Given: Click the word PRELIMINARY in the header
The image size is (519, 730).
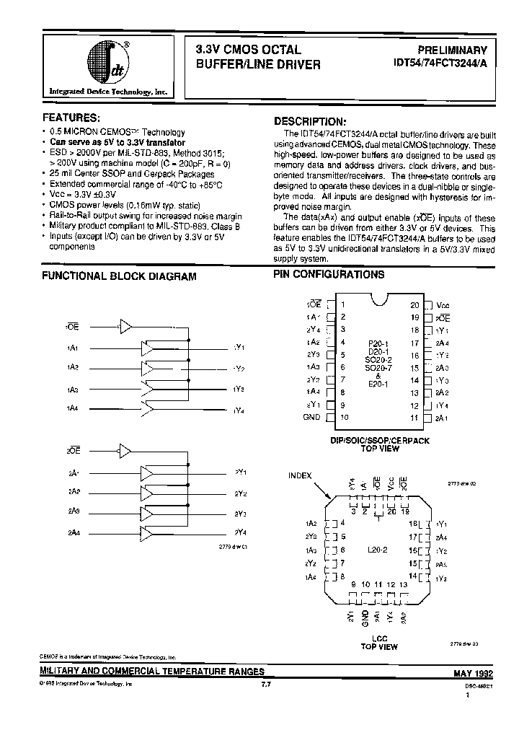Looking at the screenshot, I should tap(453, 50).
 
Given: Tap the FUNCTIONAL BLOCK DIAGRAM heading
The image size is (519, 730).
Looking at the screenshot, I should tap(119, 276).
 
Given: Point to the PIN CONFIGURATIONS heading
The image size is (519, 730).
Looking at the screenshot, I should tap(329, 275).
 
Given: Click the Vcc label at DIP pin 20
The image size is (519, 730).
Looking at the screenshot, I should tap(443, 305).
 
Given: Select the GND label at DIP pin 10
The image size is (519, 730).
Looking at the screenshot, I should tap(312, 417).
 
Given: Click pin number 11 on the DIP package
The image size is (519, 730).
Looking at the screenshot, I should tap(414, 417).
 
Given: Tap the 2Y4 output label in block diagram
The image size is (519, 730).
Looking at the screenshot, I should tap(240, 532).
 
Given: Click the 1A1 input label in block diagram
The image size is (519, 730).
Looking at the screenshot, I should tap(73, 348).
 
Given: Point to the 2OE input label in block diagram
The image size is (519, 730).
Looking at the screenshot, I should tap(74, 450).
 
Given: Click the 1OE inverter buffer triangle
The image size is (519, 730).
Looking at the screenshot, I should tap(126, 327).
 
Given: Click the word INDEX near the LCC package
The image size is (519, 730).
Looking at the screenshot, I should tap(301, 475).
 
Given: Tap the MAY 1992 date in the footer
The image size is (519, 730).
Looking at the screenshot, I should tap(472, 673).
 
